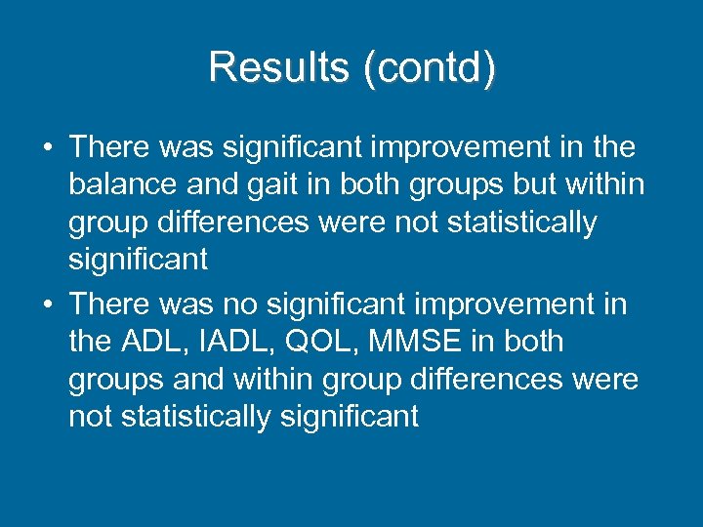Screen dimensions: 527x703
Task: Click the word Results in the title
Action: pos(267,67)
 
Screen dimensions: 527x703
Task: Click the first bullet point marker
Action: pos(47,148)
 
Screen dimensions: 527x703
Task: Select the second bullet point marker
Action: pos(47,304)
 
